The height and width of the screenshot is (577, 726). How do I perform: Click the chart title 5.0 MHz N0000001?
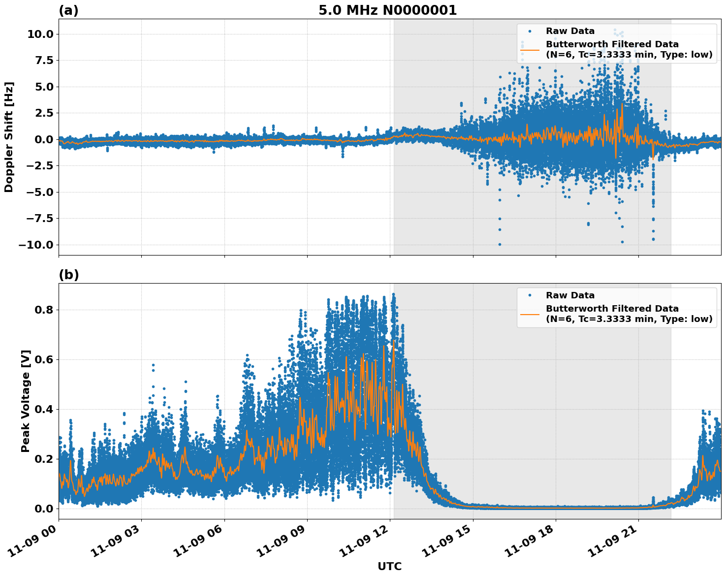pos(387,10)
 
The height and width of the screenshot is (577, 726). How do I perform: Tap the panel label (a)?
pos(68,10)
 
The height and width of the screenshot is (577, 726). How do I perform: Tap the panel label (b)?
pos(68,275)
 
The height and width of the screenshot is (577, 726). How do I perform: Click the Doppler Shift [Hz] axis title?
pos(9,137)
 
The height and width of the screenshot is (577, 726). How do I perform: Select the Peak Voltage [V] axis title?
pos(26,401)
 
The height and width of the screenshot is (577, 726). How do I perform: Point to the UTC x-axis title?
pos(389,566)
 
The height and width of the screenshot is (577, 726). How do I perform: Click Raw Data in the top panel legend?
pos(570,31)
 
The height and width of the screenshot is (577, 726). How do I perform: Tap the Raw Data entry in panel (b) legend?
pos(570,295)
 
